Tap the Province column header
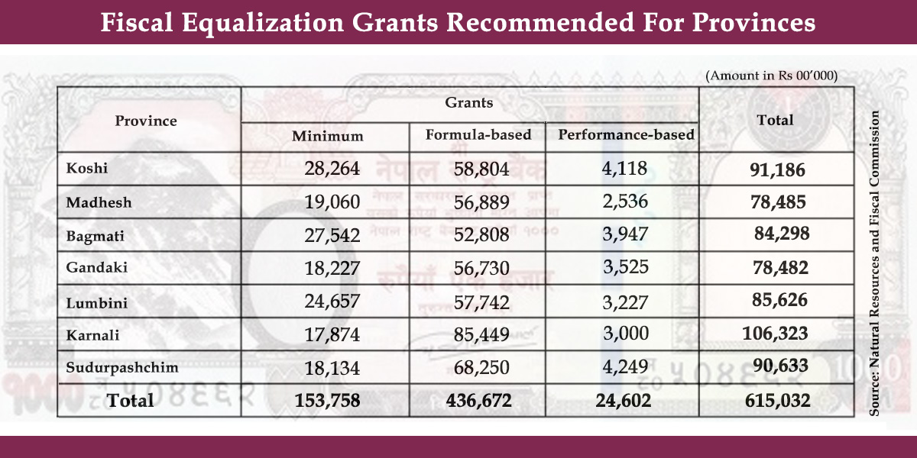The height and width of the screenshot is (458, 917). tap(146, 121)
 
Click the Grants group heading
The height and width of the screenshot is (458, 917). tap(469, 102)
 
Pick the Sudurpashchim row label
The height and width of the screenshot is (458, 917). tap(122, 367)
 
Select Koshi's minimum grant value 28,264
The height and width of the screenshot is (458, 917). tap(332, 169)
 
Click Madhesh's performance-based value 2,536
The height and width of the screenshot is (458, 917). tap(625, 202)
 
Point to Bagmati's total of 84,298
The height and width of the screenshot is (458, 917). tap(781, 234)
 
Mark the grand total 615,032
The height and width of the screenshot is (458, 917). tap(775, 400)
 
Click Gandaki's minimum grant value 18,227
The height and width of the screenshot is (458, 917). tap(332, 268)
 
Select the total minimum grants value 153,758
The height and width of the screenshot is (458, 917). tap(326, 400)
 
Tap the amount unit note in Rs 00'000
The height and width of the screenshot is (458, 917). tap(772, 76)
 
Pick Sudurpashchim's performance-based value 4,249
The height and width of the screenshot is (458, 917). tap(625, 366)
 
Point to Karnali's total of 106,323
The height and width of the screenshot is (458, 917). tap(775, 334)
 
